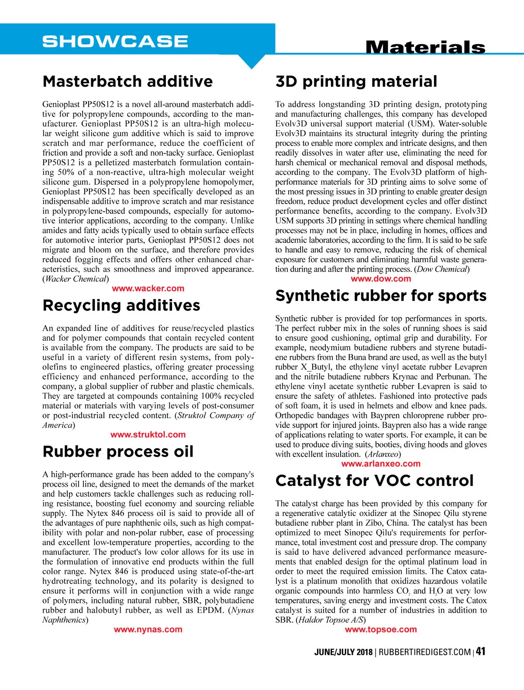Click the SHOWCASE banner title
[x=115, y=41]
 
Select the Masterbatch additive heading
[x=128, y=82]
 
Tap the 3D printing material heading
[x=356, y=82]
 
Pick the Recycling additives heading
[x=121, y=305]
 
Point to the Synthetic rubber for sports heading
[x=381, y=296]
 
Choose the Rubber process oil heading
[x=118, y=451]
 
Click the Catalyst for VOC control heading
[x=374, y=481]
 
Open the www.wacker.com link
[x=148, y=288]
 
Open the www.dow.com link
[x=381, y=279]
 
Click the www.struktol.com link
[x=148, y=434]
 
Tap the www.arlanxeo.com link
[x=381, y=464]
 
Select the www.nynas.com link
[x=148, y=629]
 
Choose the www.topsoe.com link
[x=381, y=629]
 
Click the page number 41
[x=481, y=652]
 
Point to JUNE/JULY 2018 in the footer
[x=343, y=652]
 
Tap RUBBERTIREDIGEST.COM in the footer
[x=424, y=652]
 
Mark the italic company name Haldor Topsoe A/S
[x=331, y=620]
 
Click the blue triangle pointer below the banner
[x=252, y=61]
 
